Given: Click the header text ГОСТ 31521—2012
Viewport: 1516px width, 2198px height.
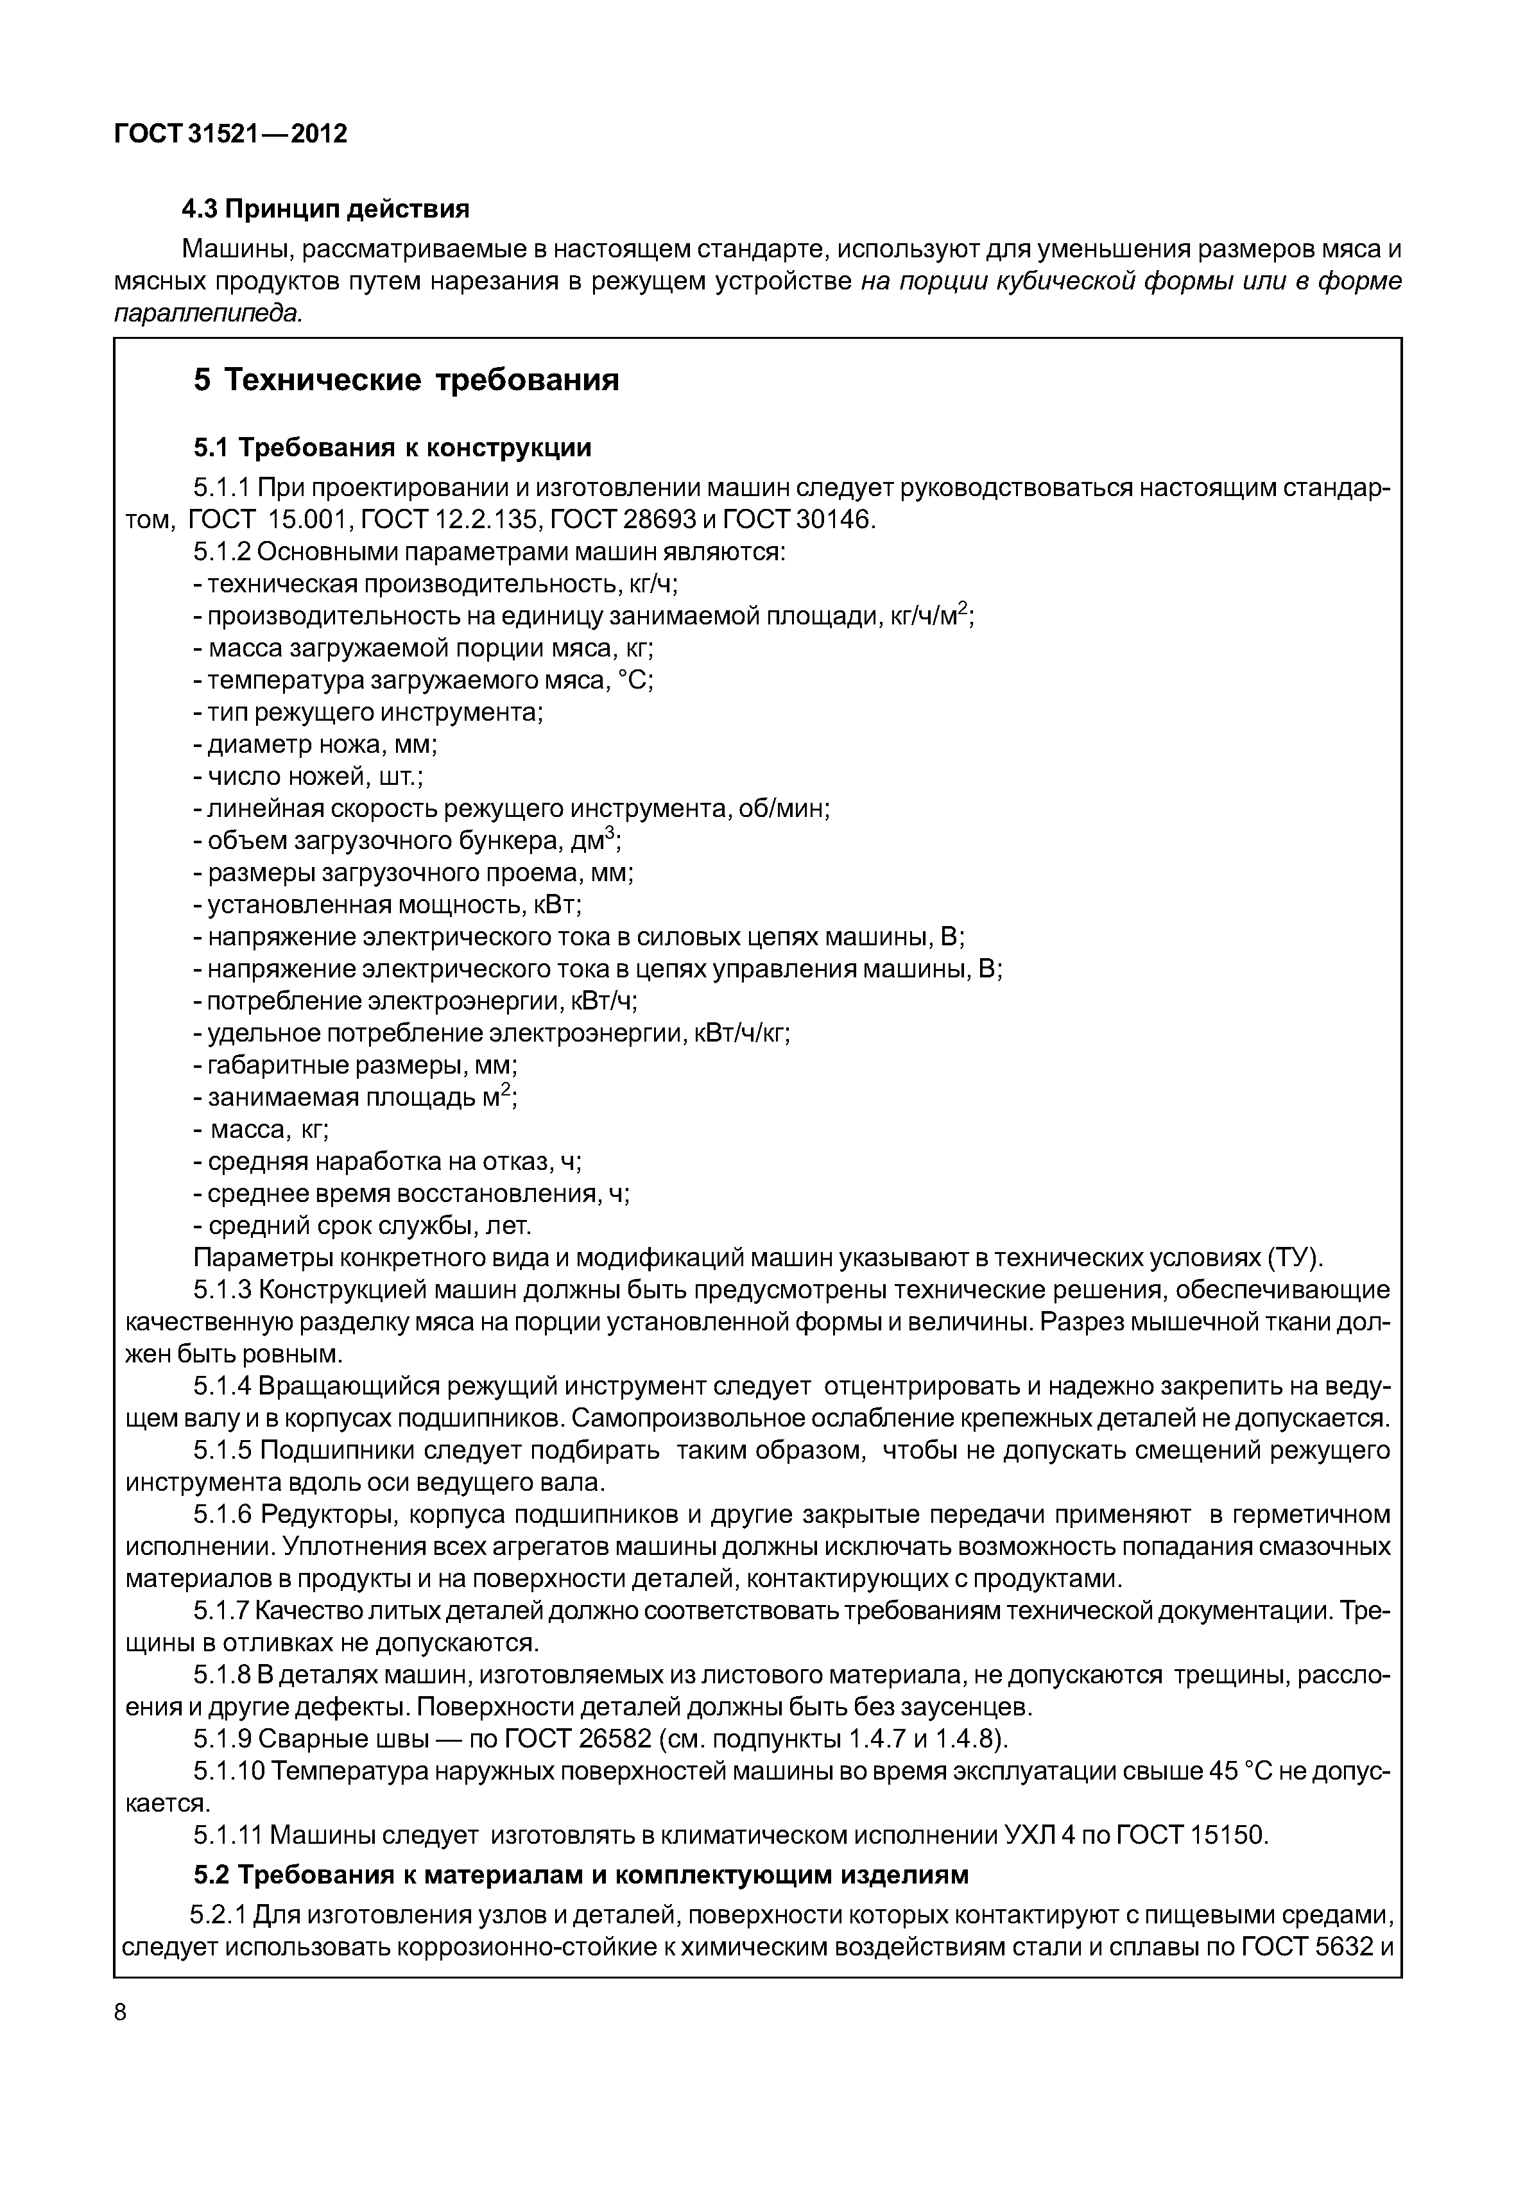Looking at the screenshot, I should coord(231,134).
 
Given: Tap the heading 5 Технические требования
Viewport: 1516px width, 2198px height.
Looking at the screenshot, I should coord(406,380).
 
